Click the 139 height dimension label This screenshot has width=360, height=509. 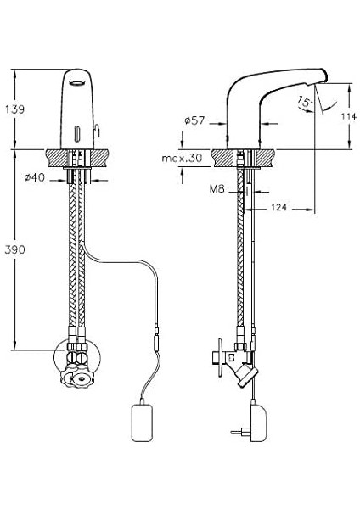[x=14, y=109]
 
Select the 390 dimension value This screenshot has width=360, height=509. [x=15, y=249]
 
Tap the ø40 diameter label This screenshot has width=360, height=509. [x=35, y=177]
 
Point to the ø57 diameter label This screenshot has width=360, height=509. [x=194, y=120]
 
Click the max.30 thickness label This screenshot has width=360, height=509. [x=182, y=159]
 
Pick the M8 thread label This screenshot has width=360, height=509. [x=217, y=189]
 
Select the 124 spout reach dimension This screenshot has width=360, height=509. [x=278, y=207]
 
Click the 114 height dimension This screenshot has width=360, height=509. [x=349, y=116]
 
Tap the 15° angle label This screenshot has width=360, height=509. [x=305, y=103]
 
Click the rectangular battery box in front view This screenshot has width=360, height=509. [x=142, y=422]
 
